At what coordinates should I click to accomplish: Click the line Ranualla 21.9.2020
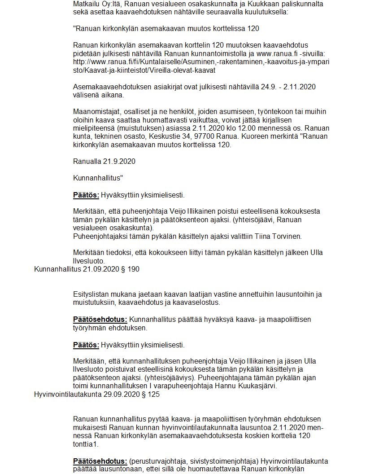(x=104, y=161)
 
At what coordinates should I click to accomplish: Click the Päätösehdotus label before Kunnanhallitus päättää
(x=100, y=320)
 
